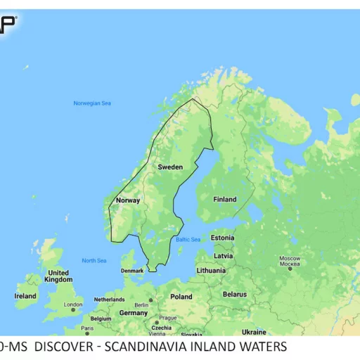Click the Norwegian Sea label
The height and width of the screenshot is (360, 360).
pos(92,103)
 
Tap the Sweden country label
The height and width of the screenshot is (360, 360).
pos(170,167)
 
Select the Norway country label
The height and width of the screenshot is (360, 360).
pos(128,200)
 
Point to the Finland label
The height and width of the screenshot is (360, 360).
pos(225,200)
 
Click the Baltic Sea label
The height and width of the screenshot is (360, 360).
pos(188,240)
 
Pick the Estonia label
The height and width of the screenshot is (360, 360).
pos(222,238)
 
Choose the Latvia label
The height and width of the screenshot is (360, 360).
pos(223,256)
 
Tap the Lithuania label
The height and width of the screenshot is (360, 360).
pos(212,270)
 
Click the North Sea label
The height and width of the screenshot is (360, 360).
pos(94,261)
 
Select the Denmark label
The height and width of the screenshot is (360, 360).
pos(132,271)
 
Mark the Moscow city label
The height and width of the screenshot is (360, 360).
pos(290,258)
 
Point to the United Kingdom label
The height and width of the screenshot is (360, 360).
pos(58,276)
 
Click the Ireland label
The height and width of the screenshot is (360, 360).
pos(25,296)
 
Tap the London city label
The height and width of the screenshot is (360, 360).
pos(73,304)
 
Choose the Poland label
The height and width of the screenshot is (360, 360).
pos(181,297)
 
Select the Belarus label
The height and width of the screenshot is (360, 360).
pos(234,294)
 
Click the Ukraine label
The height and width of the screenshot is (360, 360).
pos(254,332)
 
